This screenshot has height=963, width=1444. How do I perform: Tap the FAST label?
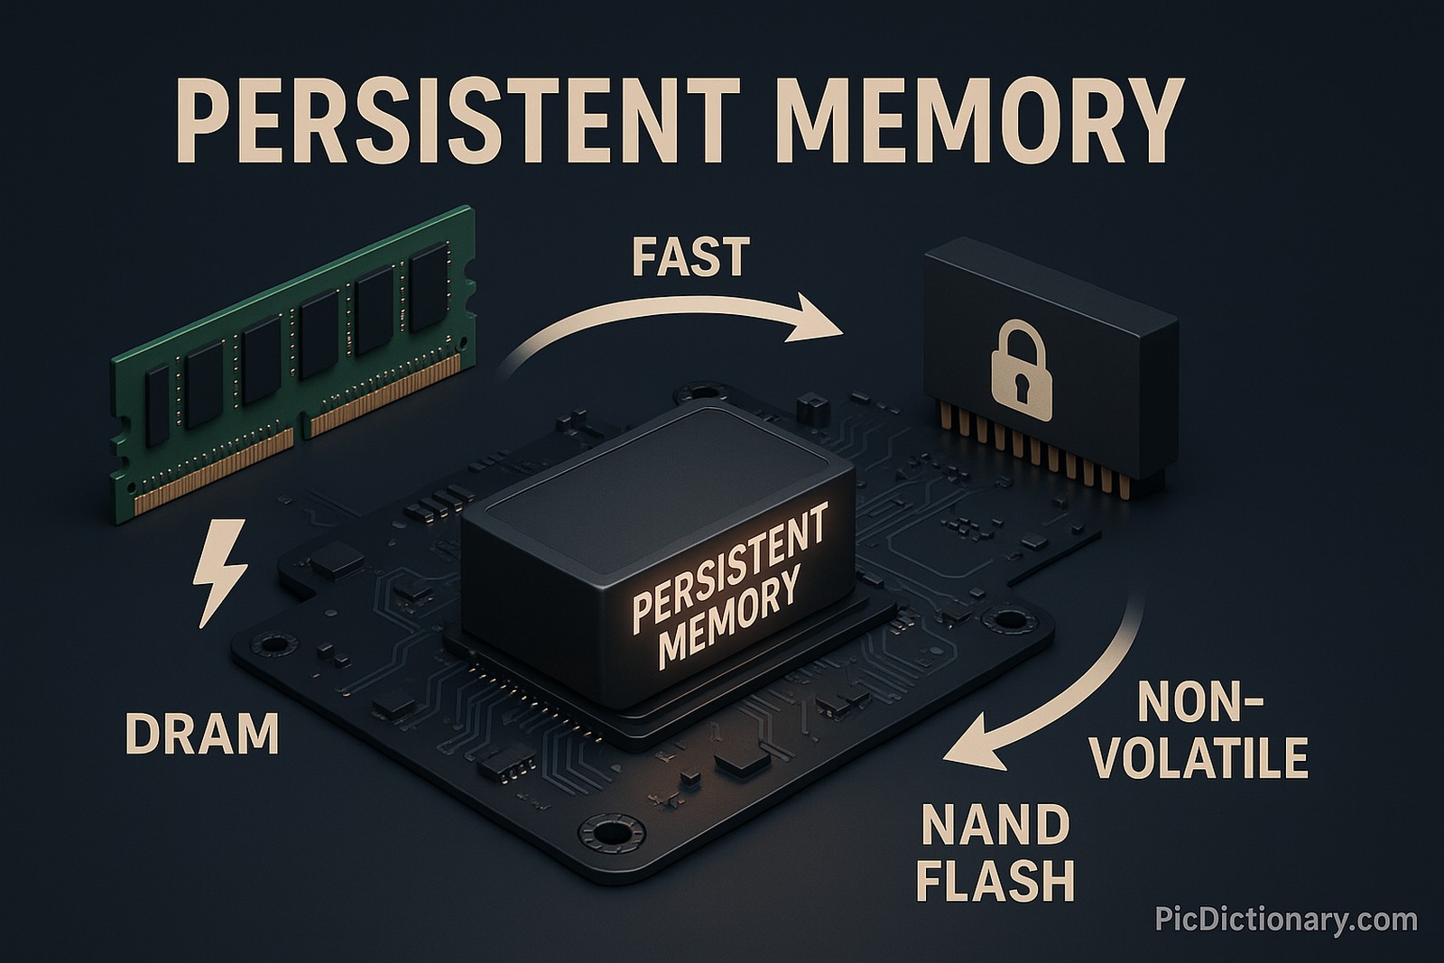click(690, 256)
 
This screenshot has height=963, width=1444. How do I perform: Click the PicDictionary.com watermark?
click(1286, 920)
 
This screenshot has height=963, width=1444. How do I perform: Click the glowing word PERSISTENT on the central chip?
click(729, 563)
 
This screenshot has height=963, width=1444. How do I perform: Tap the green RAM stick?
click(289, 361)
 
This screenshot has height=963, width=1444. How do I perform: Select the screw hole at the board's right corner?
click(1004, 621)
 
